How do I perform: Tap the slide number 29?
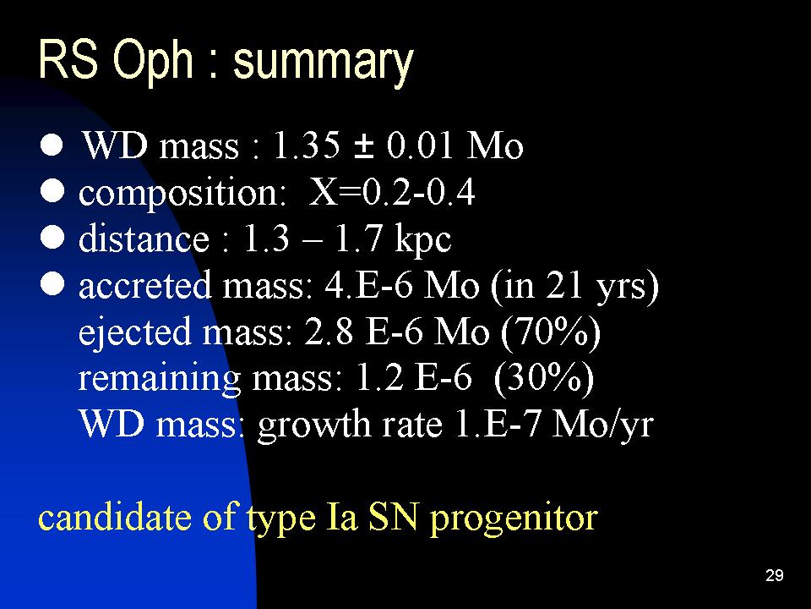[x=775, y=575]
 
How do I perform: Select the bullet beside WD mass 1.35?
[x=52, y=145]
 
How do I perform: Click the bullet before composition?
[x=52, y=192]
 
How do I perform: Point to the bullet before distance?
[x=52, y=239]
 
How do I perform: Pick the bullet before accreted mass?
[x=52, y=284]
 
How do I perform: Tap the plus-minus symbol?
[x=363, y=146]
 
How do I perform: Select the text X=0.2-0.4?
[x=391, y=192]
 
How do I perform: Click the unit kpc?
[x=423, y=240]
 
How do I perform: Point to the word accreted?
[x=144, y=285]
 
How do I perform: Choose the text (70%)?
[x=550, y=332]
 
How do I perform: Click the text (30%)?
[x=544, y=378]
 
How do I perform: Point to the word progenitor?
[x=514, y=519]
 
